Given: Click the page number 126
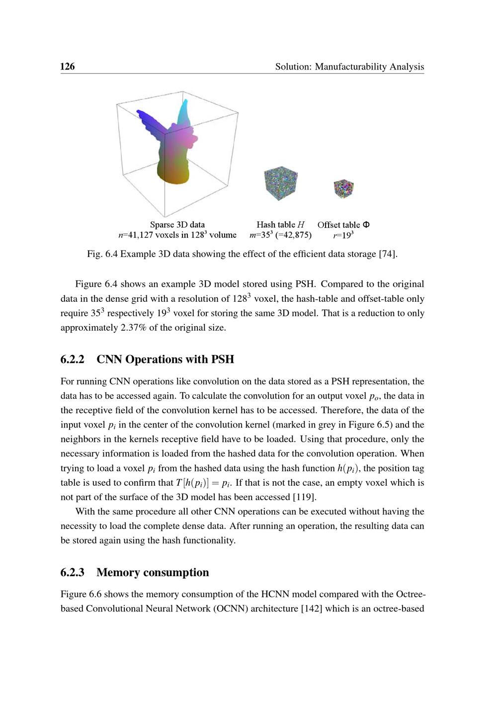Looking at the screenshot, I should (x=68, y=67).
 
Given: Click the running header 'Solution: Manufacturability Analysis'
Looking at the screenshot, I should (x=349, y=67).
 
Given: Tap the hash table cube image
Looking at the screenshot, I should (x=281, y=183).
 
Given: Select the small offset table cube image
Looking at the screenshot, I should (x=343, y=189).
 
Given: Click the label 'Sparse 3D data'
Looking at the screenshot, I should (x=177, y=225).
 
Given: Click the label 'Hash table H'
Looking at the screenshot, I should (x=280, y=225).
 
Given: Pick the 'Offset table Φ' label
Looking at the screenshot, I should (x=343, y=225).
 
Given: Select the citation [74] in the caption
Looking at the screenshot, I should (x=388, y=254).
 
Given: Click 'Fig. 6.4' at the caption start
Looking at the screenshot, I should (x=102, y=254).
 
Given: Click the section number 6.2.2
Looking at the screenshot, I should (x=73, y=359).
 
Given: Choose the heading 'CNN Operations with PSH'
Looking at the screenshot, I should (x=165, y=359).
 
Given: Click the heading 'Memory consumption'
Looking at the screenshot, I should (x=153, y=573).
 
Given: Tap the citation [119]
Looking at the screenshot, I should (x=305, y=497).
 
